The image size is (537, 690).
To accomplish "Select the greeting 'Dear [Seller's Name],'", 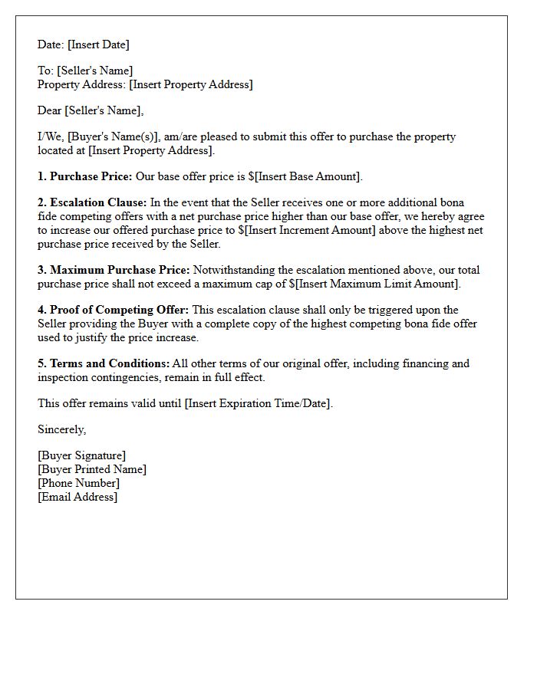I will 91,110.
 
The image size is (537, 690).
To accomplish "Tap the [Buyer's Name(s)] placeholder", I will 114,136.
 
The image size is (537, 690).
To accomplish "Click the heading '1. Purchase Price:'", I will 85,176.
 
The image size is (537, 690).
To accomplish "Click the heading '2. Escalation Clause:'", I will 92,203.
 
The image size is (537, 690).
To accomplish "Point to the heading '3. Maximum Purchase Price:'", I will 114,270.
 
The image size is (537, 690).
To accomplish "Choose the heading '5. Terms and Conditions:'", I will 104,363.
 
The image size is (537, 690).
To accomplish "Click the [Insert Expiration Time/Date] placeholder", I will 258,403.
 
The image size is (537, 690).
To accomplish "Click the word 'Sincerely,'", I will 62,429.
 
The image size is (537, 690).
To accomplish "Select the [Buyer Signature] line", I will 82,455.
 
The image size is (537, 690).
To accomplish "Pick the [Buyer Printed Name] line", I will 92,469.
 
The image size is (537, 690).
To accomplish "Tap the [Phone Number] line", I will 78,483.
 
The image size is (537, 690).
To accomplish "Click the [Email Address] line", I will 77,497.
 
